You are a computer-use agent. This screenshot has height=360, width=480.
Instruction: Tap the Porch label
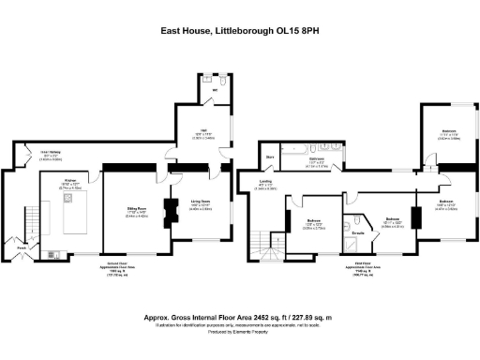(x=19, y=247)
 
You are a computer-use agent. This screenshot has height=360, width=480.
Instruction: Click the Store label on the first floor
(x=269, y=157)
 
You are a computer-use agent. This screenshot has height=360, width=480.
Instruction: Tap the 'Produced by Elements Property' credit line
(x=240, y=333)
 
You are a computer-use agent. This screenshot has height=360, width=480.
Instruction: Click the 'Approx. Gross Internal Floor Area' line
(x=240, y=318)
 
